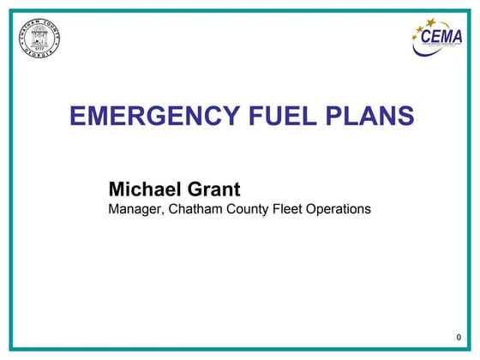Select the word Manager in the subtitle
(x=135, y=207)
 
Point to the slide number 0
(x=459, y=339)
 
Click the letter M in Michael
(x=117, y=188)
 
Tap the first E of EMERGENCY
(x=75, y=116)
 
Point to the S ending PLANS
(x=407, y=116)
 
